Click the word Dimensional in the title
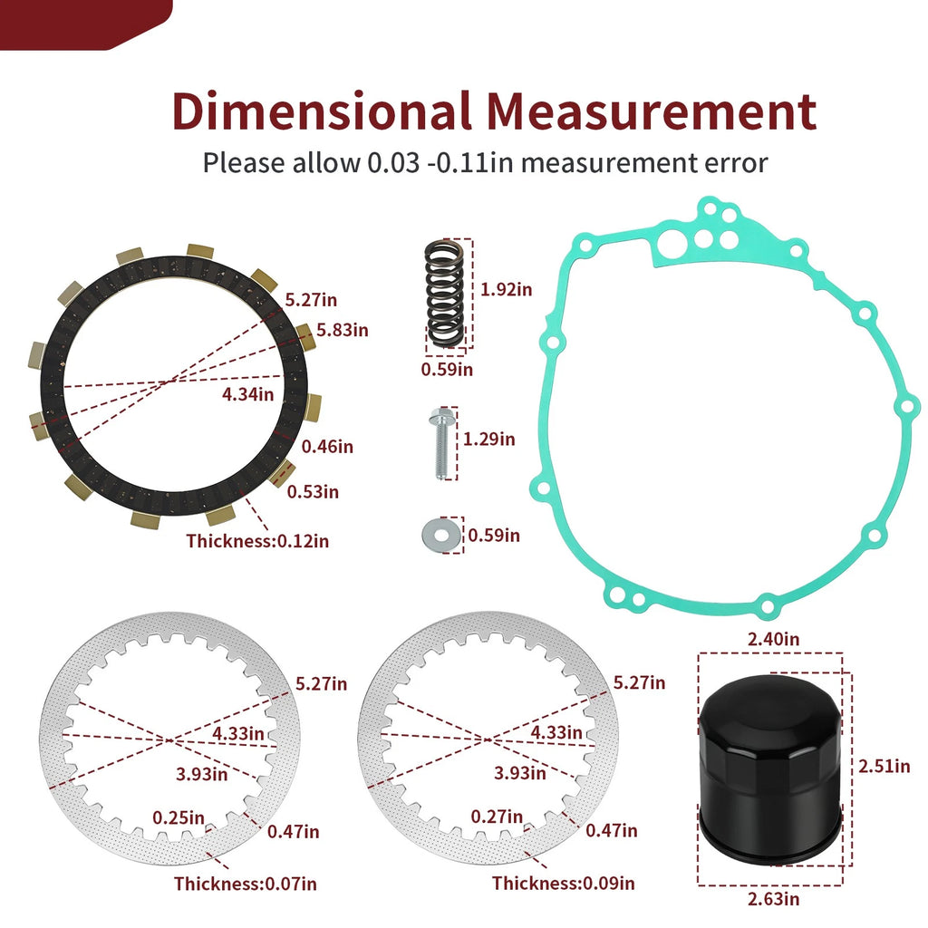click(x=322, y=111)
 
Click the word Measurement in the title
click(x=652, y=111)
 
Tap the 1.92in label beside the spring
click(x=506, y=289)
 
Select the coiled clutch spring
click(x=444, y=294)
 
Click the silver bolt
click(x=440, y=443)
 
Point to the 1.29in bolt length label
click(x=488, y=440)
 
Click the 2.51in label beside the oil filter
click(x=884, y=766)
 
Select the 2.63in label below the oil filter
click(x=773, y=899)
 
